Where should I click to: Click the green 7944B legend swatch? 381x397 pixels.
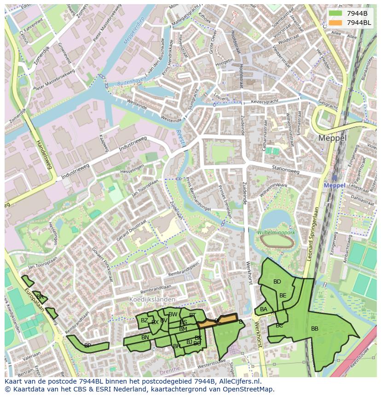pos(336,13)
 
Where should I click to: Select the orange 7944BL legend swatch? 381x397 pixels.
pos(336,22)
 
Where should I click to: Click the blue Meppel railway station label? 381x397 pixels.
pos(334,185)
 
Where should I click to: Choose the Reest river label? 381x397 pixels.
pos(180,137)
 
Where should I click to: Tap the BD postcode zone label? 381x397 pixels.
pos(277,282)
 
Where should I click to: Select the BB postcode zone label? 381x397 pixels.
pos(315,329)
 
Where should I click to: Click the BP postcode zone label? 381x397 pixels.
pos(87,345)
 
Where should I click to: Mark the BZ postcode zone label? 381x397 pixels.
pos(144,320)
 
